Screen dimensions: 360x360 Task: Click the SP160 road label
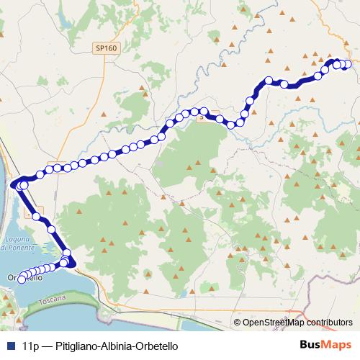(x=105, y=48)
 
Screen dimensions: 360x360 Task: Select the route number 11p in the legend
(x=30, y=346)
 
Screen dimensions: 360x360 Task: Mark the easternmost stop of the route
(x=348, y=64)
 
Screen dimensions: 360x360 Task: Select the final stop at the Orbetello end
(x=22, y=279)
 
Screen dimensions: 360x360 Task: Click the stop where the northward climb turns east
(x=269, y=81)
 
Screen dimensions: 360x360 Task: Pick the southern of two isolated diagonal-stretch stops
(x=52, y=229)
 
